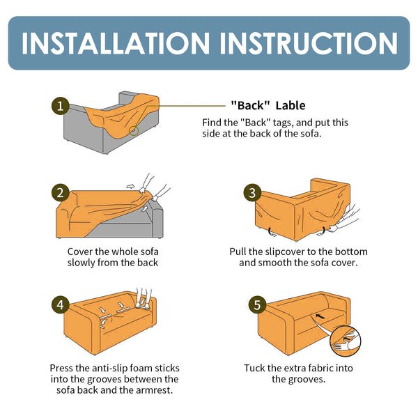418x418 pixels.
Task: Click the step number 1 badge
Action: tap(60, 106)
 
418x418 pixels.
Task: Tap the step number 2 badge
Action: tap(60, 193)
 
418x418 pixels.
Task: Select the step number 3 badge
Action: tap(252, 193)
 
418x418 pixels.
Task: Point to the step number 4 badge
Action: tap(60, 305)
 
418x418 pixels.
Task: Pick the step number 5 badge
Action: tap(257, 305)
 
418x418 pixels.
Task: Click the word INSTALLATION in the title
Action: tap(116, 43)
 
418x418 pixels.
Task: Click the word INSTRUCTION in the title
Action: tap(309, 43)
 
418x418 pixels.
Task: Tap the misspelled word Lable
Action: tap(291, 106)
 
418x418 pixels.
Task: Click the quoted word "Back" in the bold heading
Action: tap(251, 106)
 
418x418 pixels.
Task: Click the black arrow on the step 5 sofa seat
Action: tap(320, 316)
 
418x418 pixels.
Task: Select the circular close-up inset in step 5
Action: tap(346, 341)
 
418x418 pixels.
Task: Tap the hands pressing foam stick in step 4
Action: tap(144, 298)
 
